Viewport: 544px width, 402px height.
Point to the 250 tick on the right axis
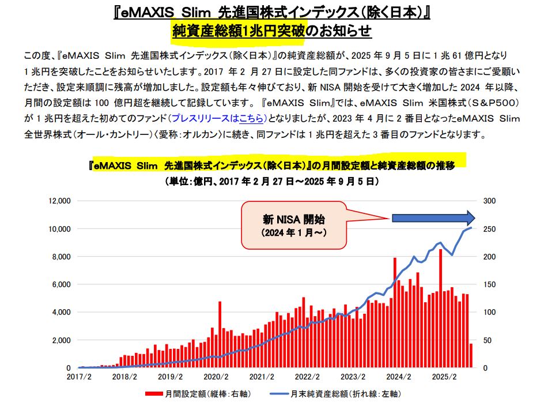pyautogui.click(x=487, y=229)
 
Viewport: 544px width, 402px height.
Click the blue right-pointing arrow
pyautogui.click(x=432, y=218)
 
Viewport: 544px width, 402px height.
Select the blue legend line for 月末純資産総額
pyautogui.click(x=274, y=395)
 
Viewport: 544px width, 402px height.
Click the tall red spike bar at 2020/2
pyautogui.click(x=220, y=335)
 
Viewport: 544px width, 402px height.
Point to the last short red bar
pyautogui.click(x=471, y=355)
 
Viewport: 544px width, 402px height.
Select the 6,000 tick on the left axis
pyautogui.click(x=59, y=284)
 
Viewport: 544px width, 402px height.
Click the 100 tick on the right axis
pyautogui.click(x=487, y=312)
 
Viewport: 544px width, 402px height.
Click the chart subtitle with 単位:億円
pyautogui.click(x=271, y=181)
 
